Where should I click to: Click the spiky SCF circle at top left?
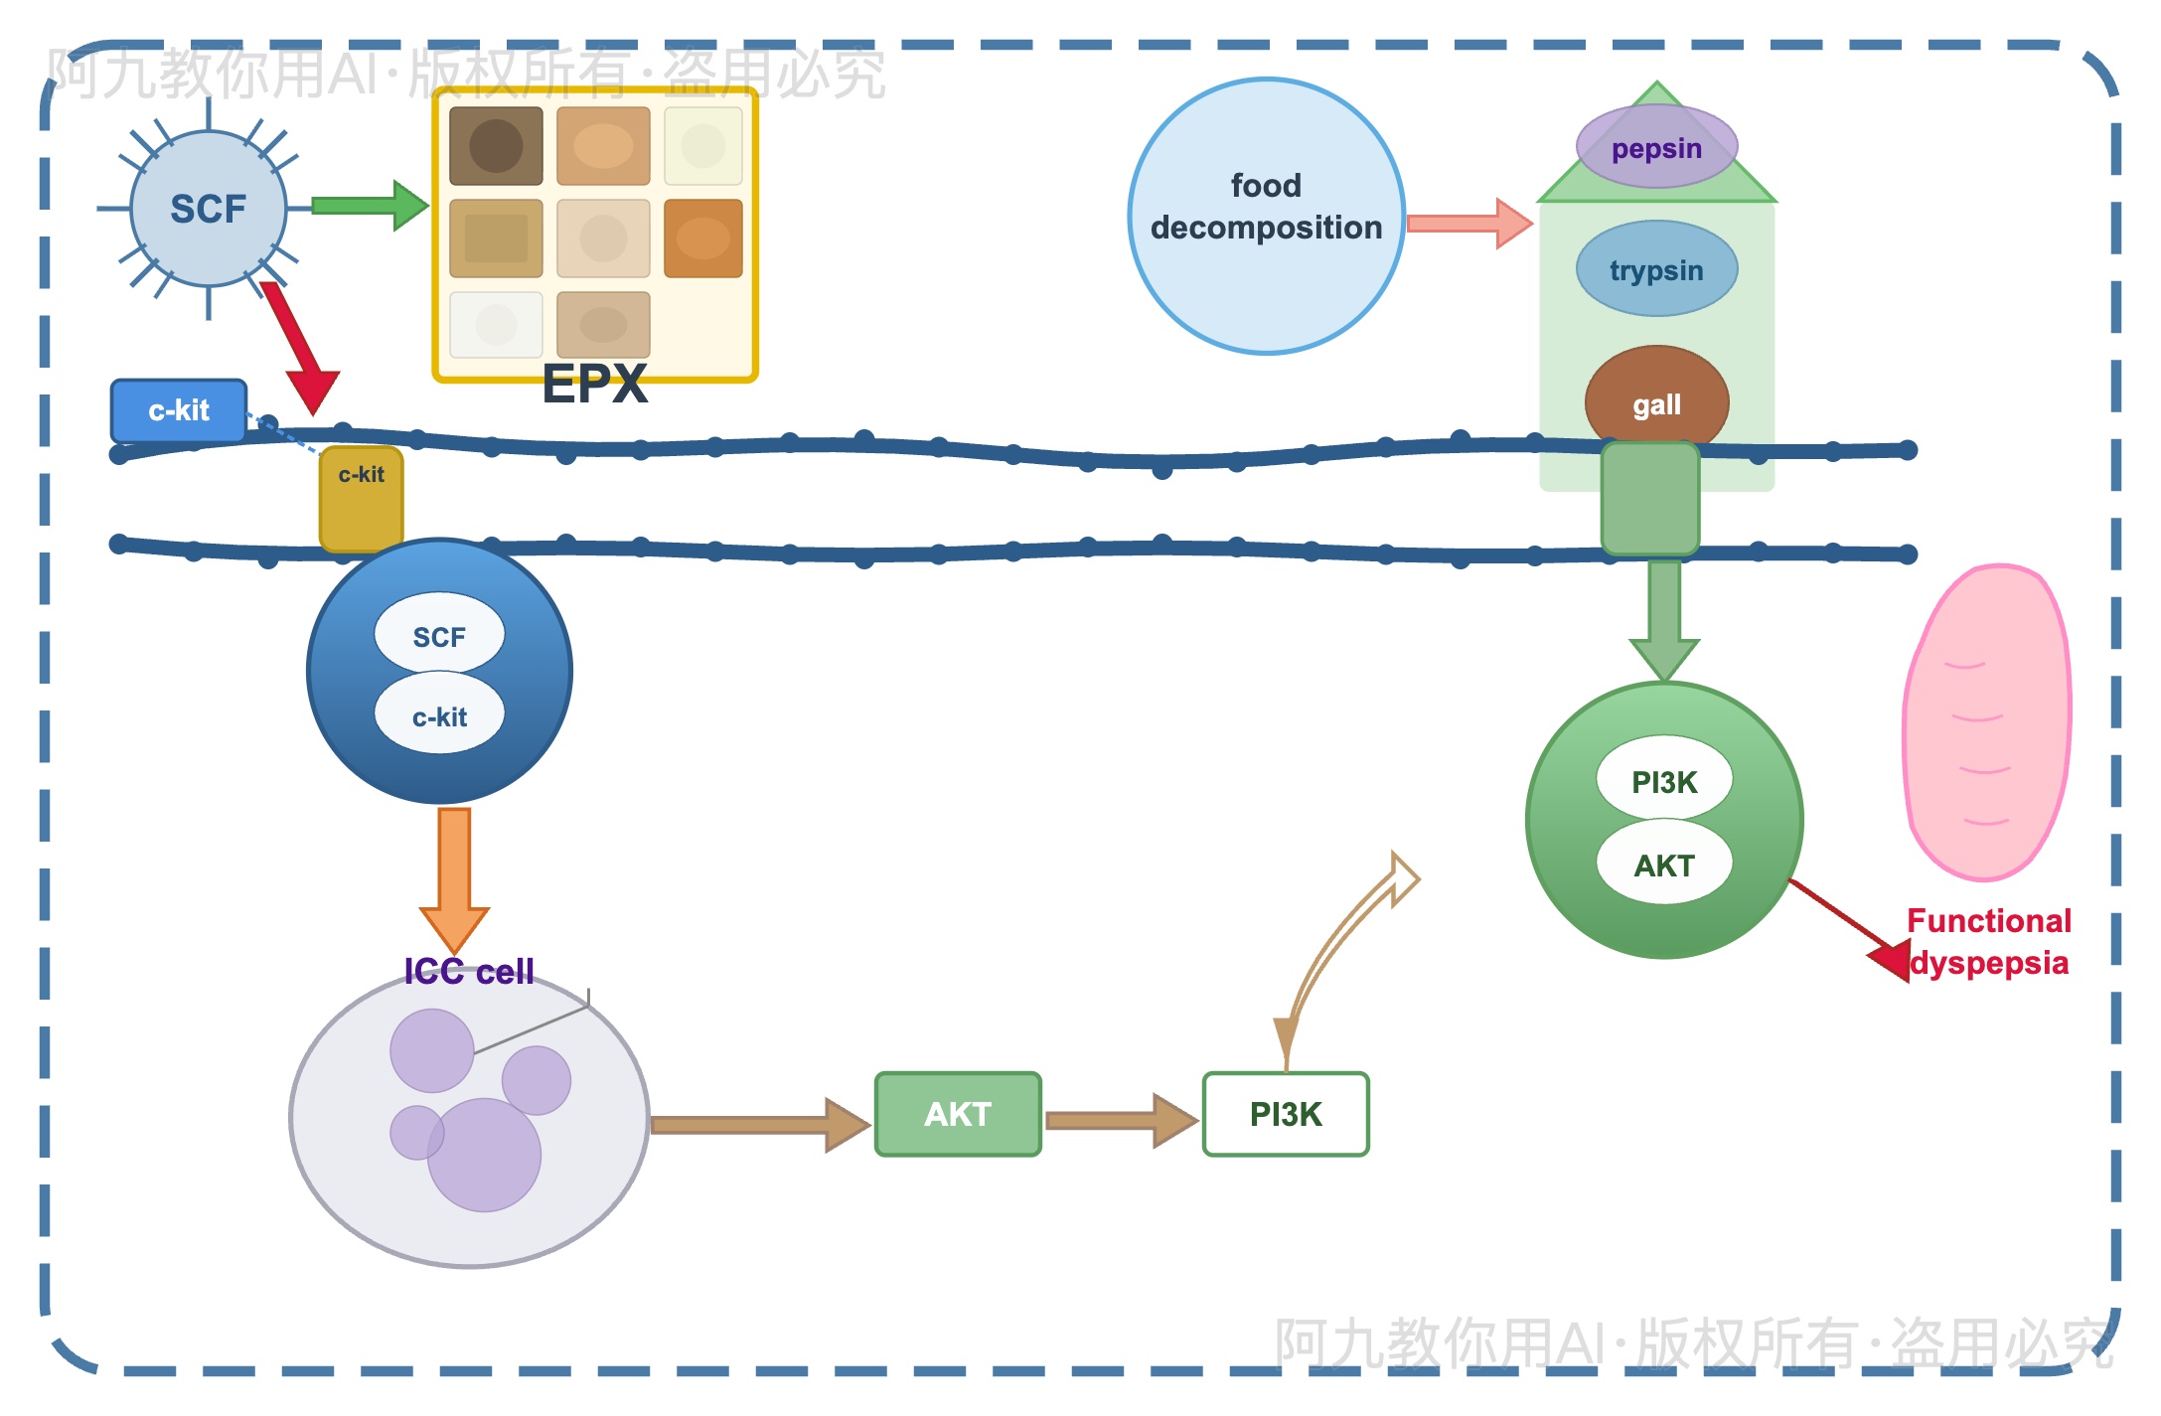click(208, 209)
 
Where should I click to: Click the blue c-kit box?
click(179, 410)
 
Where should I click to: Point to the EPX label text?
click(594, 384)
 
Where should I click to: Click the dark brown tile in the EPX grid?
click(496, 146)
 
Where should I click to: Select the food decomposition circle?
click(1266, 216)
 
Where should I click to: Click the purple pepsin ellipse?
click(1656, 148)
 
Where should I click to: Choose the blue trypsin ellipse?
click(1656, 269)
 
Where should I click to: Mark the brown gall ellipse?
click(1656, 402)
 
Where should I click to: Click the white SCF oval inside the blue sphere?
click(439, 636)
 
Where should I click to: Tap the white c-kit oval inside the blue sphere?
click(439, 716)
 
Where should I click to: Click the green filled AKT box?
click(958, 1114)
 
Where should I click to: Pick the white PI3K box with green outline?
click(1286, 1114)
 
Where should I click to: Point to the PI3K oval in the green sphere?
click(1664, 782)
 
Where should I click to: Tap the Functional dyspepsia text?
click(1988, 942)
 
